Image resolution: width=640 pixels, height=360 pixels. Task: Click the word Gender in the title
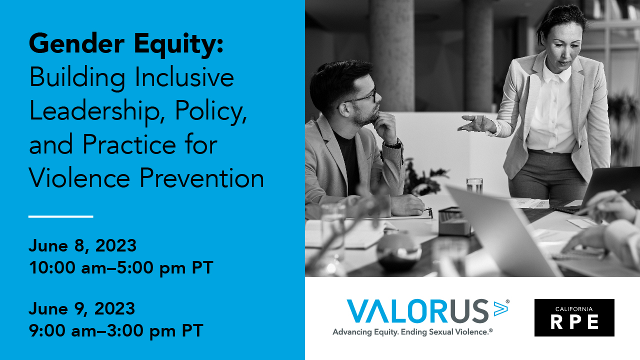76,43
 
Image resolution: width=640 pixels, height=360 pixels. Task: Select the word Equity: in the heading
178,45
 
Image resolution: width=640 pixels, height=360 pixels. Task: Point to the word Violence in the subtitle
79,177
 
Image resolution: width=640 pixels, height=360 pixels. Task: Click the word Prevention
201,177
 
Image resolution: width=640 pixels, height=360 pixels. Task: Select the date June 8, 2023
82,245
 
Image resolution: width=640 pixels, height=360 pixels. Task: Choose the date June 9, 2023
82,309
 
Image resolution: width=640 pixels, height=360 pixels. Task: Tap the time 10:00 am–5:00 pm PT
121,267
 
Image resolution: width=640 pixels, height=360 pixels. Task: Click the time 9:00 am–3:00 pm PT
116,330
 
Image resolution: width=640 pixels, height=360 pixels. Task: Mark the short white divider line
61,216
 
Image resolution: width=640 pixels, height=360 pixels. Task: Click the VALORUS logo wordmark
417,311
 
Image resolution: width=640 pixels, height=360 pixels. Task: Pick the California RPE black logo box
574,317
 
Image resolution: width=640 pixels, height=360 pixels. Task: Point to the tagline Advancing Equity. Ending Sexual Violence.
412,332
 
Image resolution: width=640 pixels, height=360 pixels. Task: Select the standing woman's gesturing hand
475,123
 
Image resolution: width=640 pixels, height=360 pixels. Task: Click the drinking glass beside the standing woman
474,185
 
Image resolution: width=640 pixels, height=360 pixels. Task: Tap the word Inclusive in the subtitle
184,77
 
